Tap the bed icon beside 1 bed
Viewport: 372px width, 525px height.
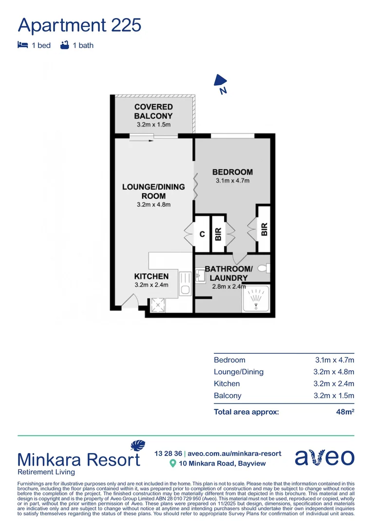point(22,45)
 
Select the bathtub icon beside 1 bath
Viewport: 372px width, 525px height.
point(64,45)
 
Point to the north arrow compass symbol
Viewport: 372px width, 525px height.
point(221,83)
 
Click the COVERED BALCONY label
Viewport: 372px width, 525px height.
point(153,111)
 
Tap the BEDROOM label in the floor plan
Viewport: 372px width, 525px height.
point(232,172)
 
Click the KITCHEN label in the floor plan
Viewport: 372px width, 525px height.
point(151,276)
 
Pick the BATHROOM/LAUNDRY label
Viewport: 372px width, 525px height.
point(228,273)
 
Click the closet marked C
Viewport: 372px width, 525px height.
point(202,234)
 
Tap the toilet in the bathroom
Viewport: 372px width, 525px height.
point(263,268)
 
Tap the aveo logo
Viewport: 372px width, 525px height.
point(325,457)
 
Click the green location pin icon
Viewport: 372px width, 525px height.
point(172,463)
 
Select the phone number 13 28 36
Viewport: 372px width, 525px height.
point(168,454)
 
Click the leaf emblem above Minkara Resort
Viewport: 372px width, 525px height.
point(138,446)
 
